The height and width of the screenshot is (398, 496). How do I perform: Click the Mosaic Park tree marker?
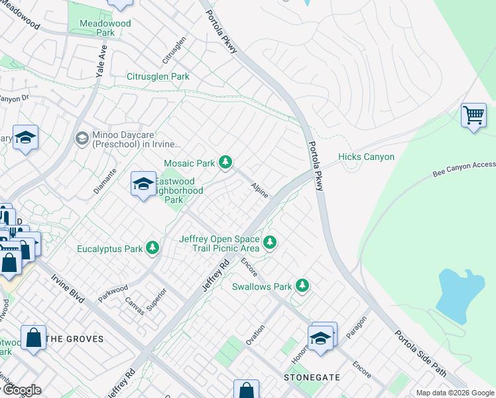(225, 162)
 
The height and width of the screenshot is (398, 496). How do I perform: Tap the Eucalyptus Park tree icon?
(153, 248)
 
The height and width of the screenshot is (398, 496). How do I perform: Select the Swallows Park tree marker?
(302, 286)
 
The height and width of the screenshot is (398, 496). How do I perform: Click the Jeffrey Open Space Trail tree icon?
(269, 242)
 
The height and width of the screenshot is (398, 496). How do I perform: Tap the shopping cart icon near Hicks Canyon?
(473, 115)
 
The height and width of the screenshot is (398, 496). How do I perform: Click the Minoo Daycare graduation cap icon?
(82, 138)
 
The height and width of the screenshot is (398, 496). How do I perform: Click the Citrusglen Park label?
(158, 77)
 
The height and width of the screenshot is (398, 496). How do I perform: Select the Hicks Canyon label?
(366, 157)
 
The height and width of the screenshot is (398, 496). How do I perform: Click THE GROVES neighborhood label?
(76, 339)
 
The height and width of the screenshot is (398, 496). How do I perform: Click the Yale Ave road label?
(101, 60)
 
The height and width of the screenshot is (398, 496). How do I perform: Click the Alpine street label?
(260, 191)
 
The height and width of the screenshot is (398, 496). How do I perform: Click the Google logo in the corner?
(21, 390)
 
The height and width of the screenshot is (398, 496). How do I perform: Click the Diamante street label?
(105, 180)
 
